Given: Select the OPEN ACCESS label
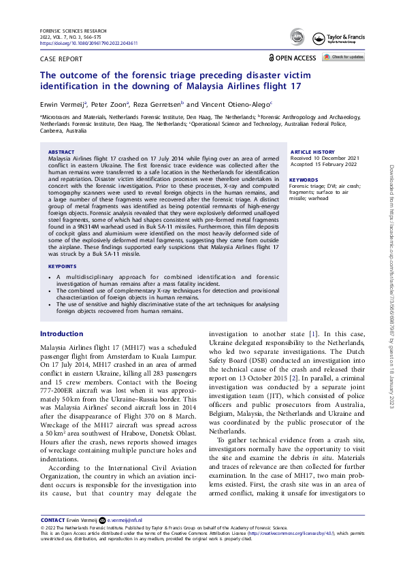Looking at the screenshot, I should tap(296, 59).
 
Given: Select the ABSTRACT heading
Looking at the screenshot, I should tap(61, 152).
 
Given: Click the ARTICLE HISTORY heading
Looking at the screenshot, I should tap(312, 152).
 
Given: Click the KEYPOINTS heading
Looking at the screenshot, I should tap(63, 285).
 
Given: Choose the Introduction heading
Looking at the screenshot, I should tap(61, 334).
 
